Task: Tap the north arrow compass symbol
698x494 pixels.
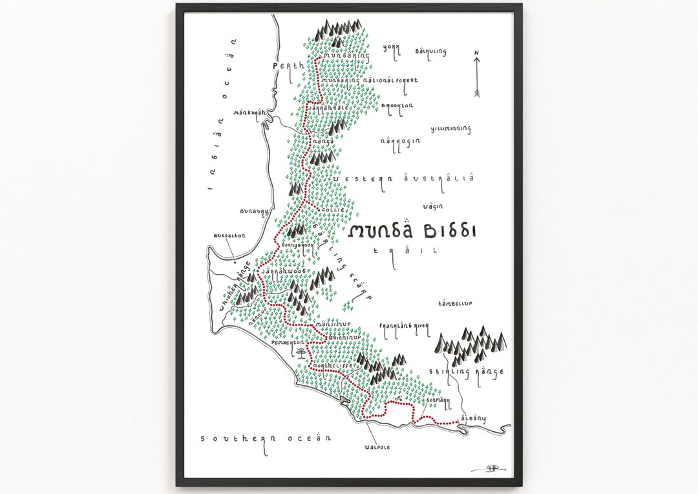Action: pos(476,74)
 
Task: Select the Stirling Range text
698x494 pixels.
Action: pos(466,372)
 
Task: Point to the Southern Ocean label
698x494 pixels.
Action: pos(266,438)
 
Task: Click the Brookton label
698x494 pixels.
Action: pos(397,106)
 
